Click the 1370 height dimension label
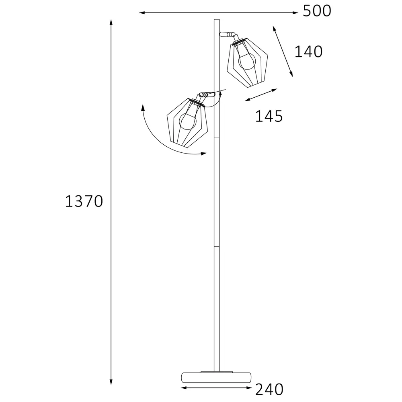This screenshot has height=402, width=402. [x=84, y=201]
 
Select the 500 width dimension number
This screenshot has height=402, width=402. [x=317, y=11]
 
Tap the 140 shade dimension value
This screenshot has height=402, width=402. [x=308, y=52]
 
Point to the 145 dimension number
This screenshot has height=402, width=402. [x=269, y=116]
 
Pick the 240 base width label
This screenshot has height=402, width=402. [x=269, y=390]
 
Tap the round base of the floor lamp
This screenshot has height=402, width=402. [x=216, y=377]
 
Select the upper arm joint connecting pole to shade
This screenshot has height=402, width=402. [x=228, y=34]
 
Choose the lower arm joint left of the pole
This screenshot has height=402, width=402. [x=207, y=94]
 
